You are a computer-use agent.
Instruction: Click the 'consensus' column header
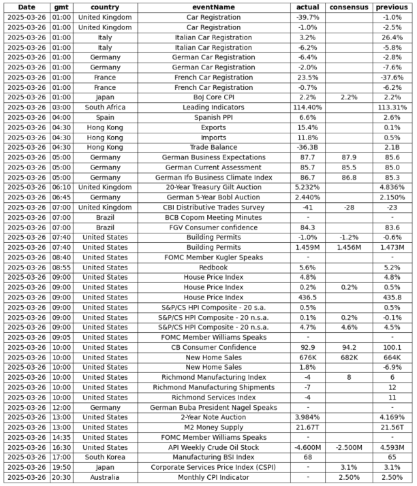coord(349,7)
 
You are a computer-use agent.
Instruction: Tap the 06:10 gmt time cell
coord(61,187)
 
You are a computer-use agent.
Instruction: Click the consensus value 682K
coord(349,357)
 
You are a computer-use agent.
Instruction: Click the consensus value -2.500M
coord(349,447)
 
